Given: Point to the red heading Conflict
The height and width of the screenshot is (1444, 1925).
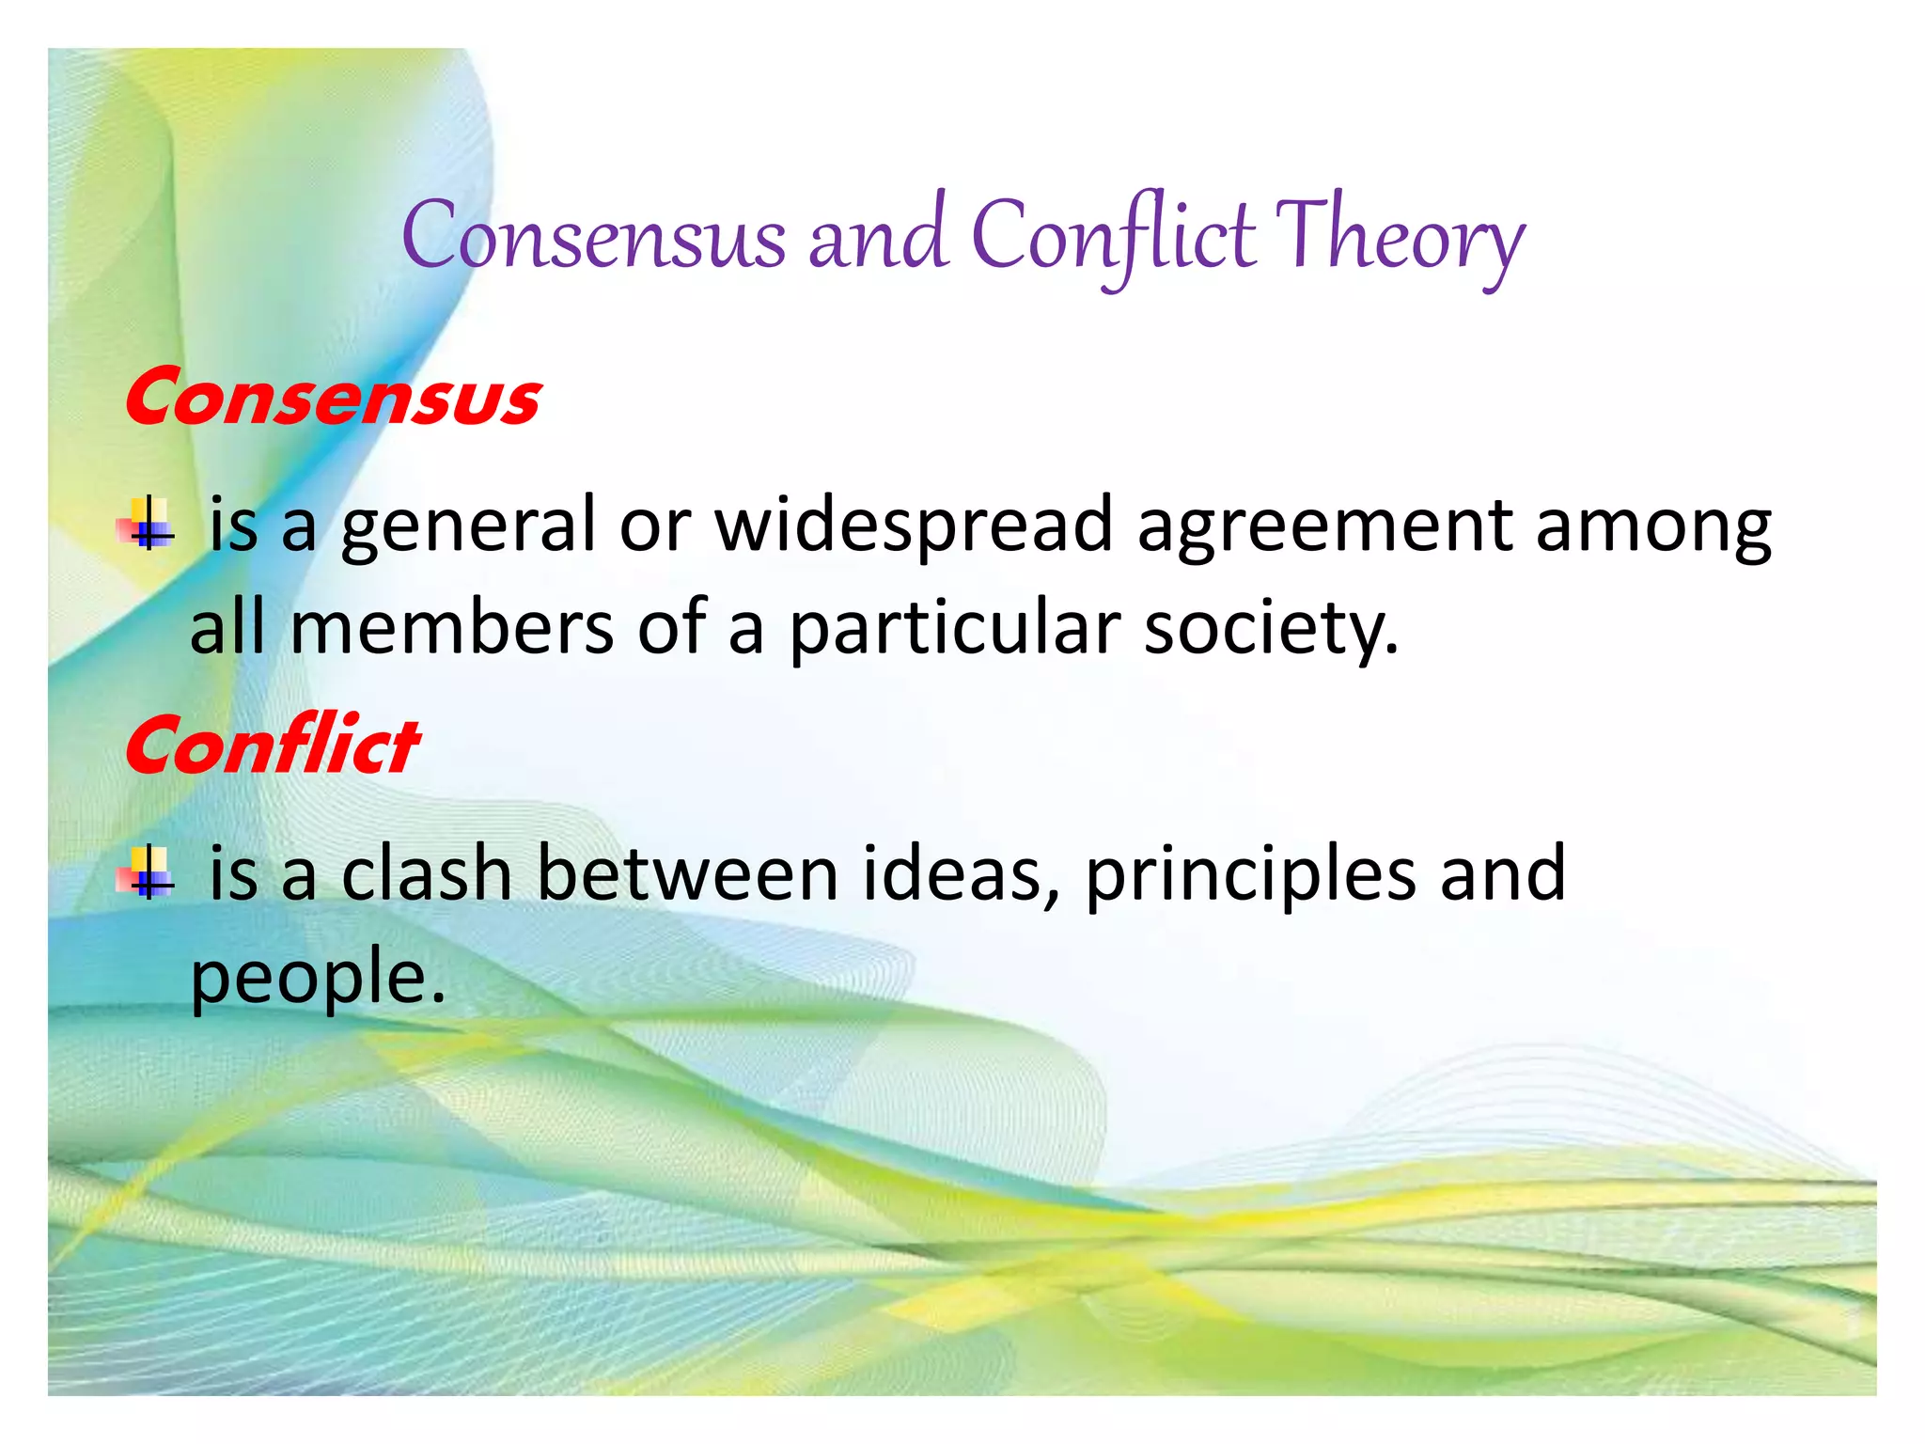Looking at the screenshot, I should (272, 746).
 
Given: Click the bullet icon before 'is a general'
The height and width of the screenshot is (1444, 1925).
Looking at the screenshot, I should (147, 524).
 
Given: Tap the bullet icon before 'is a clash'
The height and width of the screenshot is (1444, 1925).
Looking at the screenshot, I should (147, 872).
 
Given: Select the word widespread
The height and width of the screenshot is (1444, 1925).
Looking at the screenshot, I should (914, 526).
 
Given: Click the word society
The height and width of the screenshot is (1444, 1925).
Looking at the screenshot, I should (1270, 630).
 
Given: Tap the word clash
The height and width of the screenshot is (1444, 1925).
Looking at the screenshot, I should (426, 874).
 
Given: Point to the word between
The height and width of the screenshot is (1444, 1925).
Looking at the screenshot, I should (687, 874).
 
